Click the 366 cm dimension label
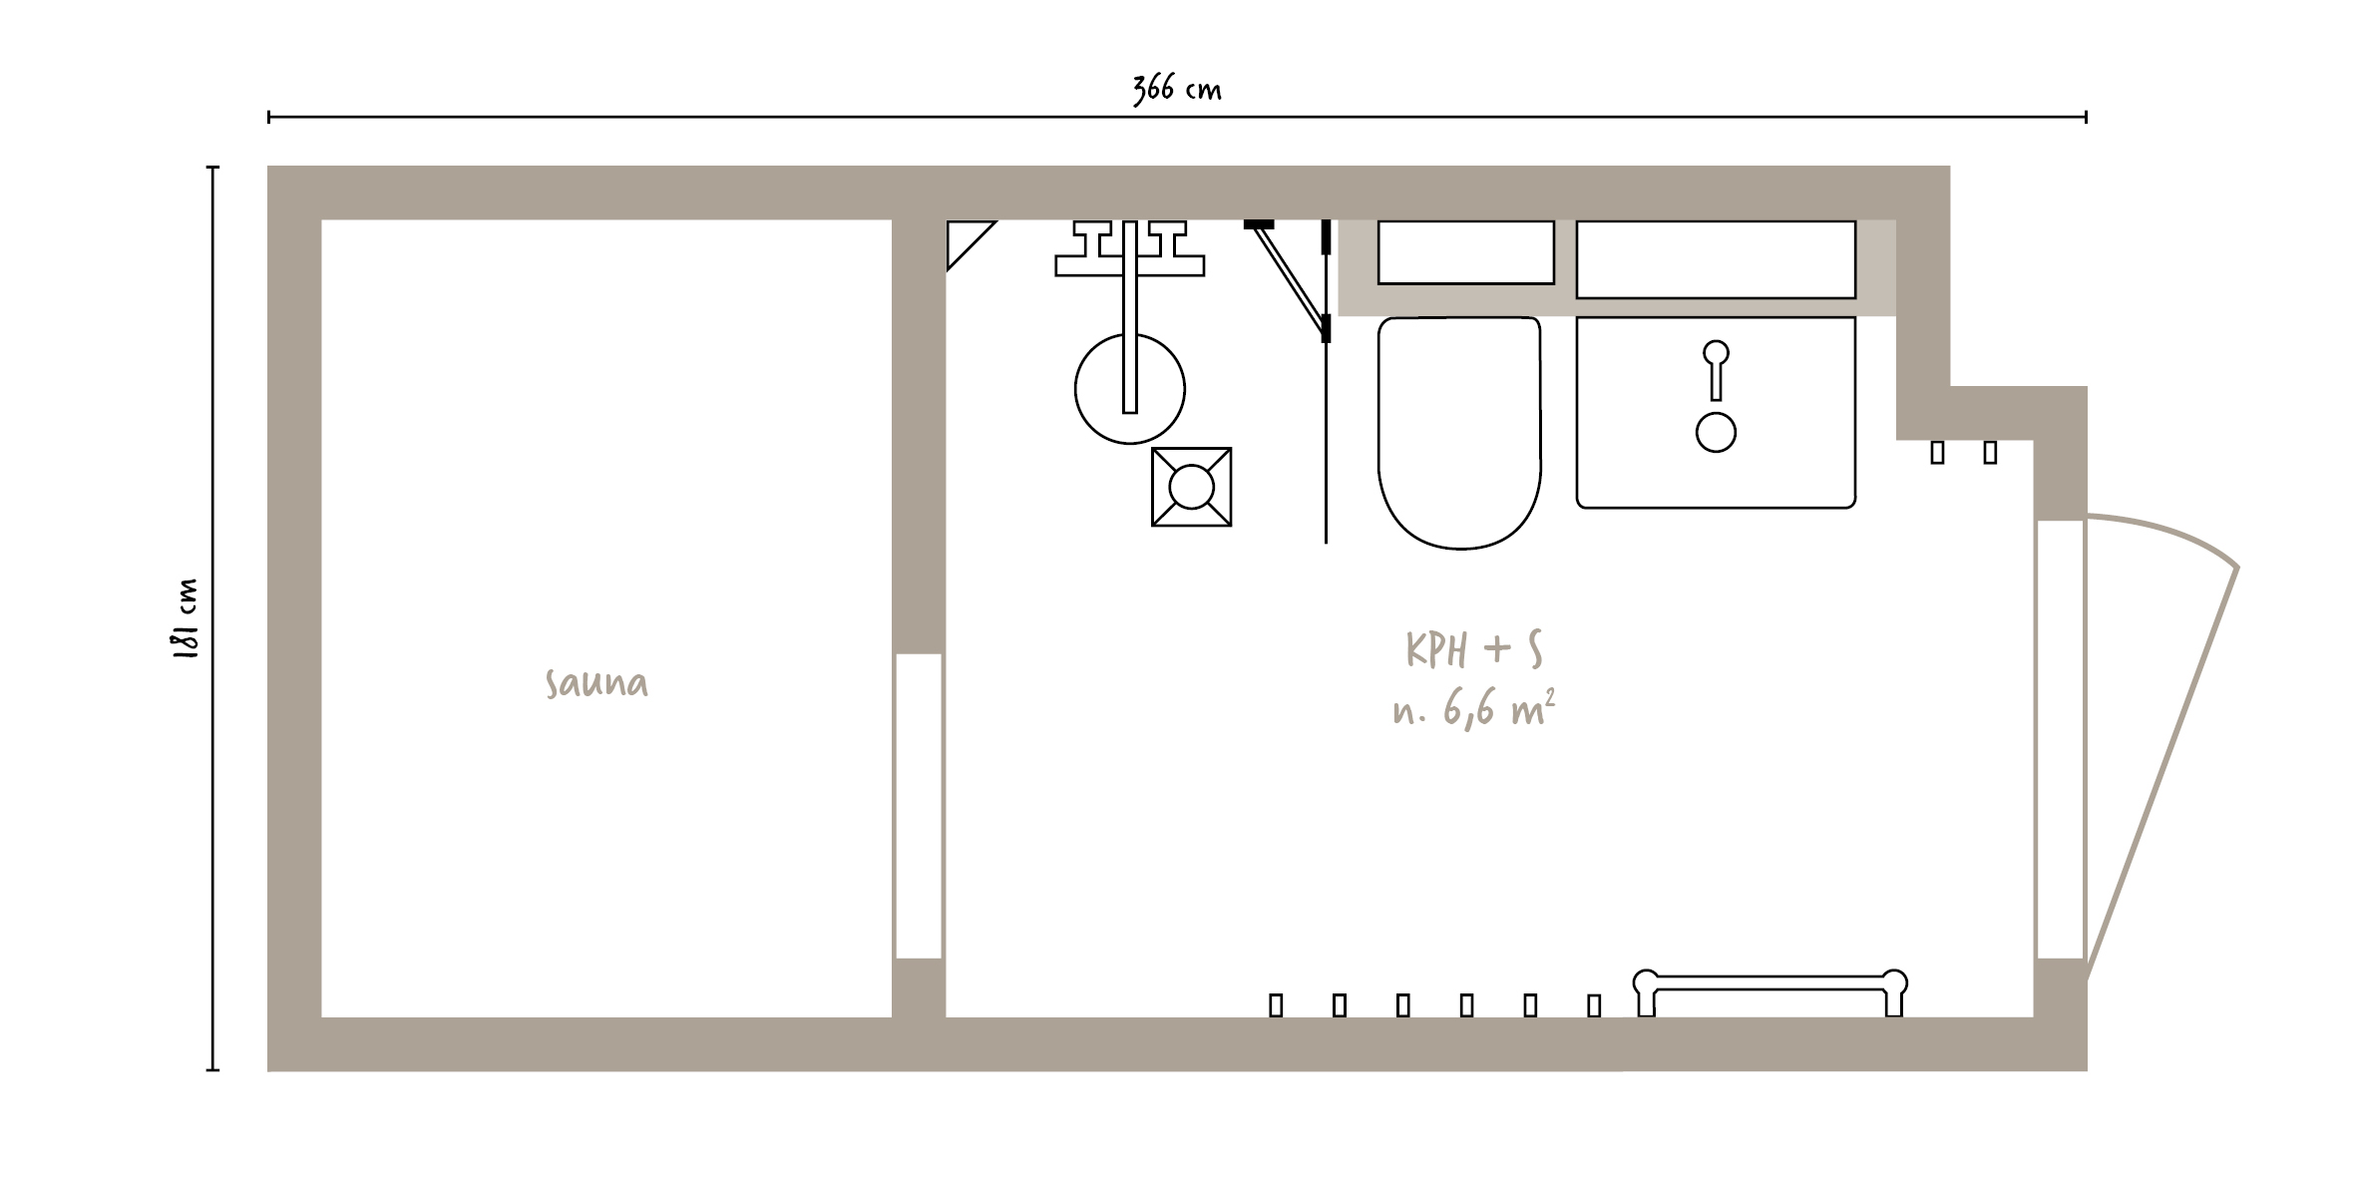pos(1176,89)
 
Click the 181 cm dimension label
pos(187,618)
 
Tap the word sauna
pos(596,683)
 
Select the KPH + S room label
pos(1474,649)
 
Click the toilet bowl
pos(1459,432)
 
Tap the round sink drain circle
pos(1716,432)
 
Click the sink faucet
pos(1716,370)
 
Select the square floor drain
pos(1191,487)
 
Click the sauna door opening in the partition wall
pos(919,806)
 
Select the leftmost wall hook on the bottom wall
pos(1276,1005)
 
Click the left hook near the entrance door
pos(1937,453)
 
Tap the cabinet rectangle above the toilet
pos(1465,252)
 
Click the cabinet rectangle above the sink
pos(1716,259)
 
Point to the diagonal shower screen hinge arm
pos(1292,276)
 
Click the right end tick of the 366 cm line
pos(2086,118)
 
